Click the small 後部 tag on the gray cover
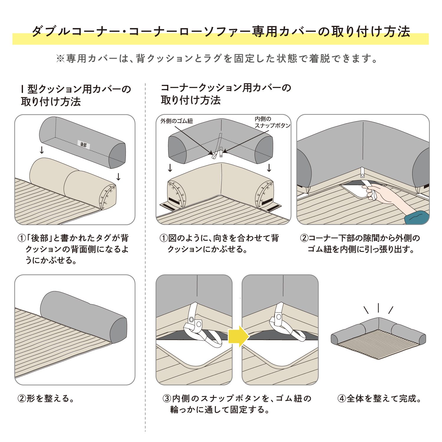coord(84,144)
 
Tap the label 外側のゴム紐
coord(177,121)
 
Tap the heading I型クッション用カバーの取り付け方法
coord(76,95)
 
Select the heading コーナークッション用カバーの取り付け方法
coord(226,94)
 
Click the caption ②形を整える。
coord(46,398)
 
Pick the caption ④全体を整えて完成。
coord(380,398)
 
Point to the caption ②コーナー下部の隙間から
coord(360,244)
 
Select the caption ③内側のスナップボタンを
coord(237,404)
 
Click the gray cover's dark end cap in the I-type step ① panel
coord(118,156)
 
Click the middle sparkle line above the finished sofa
coord(378,308)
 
